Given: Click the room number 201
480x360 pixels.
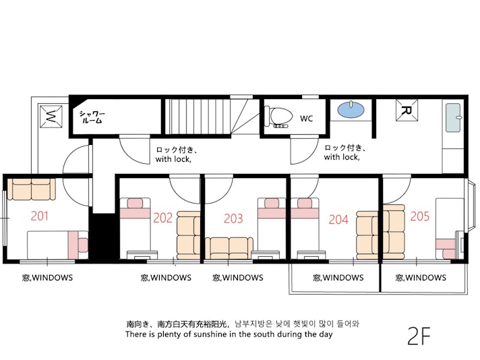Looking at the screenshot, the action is click(x=40, y=216).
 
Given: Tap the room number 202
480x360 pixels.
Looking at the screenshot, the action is click(x=163, y=218).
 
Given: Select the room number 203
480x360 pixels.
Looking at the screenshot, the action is click(x=233, y=218).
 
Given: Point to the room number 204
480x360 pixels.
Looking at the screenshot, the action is click(x=338, y=220).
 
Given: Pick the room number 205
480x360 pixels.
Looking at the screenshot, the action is click(x=420, y=216).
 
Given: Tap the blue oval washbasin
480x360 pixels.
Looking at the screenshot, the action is click(x=351, y=109).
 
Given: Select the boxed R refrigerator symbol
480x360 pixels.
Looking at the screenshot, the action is click(x=407, y=110).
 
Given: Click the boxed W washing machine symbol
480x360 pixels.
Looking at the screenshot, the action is click(x=51, y=117).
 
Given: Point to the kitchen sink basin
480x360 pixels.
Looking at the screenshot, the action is click(x=453, y=117).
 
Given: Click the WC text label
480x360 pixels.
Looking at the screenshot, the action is click(x=307, y=119).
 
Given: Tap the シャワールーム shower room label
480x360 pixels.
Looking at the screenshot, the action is click(x=92, y=117).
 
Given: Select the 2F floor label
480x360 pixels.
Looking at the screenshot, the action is click(x=419, y=336).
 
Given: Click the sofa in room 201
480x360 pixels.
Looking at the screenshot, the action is click(x=31, y=189).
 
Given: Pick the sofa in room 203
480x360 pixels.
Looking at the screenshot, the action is click(x=229, y=248).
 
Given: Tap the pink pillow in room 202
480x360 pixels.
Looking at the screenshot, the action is click(x=135, y=204).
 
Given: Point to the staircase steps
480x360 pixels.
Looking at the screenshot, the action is click(x=198, y=117).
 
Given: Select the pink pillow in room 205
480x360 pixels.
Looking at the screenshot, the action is click(x=450, y=253).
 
